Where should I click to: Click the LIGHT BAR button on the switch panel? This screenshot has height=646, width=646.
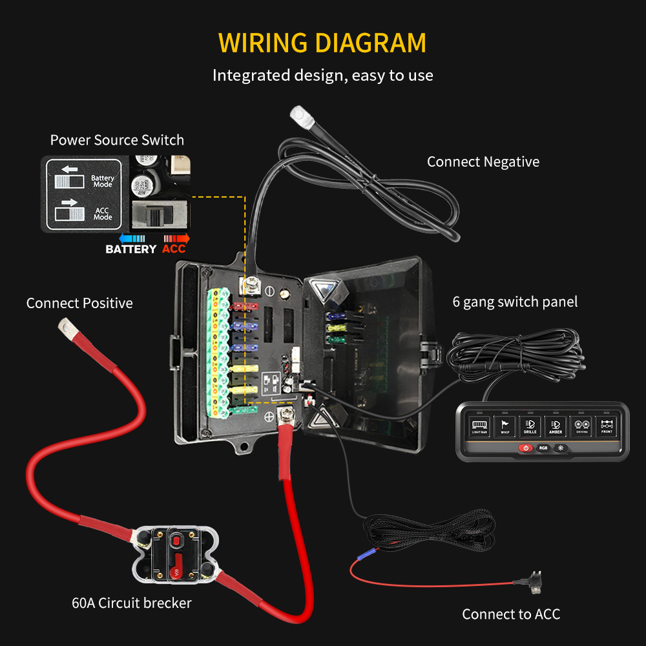click(479, 426)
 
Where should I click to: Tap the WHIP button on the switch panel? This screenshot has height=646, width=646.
click(505, 426)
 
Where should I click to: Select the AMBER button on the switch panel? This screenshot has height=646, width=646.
click(556, 426)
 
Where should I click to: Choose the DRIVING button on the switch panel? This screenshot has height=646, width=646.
click(581, 426)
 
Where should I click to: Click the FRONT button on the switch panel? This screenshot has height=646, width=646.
click(607, 426)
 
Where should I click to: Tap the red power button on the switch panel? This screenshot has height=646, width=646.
click(526, 448)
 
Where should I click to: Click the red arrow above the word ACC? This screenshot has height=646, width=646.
click(175, 238)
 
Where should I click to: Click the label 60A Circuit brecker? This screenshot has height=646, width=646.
click(132, 603)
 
